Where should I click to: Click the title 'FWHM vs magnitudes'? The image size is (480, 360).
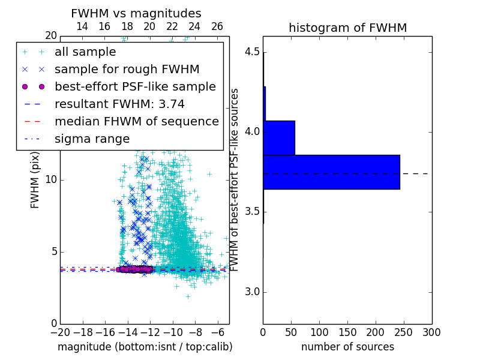pyautogui.click(x=136, y=14)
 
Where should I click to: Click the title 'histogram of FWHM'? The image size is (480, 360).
pyautogui.click(x=347, y=28)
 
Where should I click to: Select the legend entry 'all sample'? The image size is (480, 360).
pyautogui.click(x=85, y=52)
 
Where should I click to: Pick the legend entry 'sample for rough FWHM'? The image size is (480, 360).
pyautogui.click(x=127, y=70)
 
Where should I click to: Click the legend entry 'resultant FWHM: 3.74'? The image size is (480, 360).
pyautogui.click(x=119, y=104)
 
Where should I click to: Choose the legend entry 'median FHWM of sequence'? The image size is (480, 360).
pyautogui.click(x=136, y=122)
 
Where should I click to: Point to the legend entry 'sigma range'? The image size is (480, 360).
pyautogui.click(x=92, y=139)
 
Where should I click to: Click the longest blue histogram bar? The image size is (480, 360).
pyautogui.click(x=331, y=172)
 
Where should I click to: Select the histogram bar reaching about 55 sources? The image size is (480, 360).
pyautogui.click(x=279, y=137)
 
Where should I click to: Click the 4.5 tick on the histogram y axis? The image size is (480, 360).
pyautogui.click(x=252, y=52)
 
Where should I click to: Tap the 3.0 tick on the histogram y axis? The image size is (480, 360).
pyautogui.click(x=252, y=292)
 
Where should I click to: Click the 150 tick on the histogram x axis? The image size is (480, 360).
pyautogui.click(x=347, y=332)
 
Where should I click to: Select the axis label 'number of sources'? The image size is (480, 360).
pyautogui.click(x=347, y=347)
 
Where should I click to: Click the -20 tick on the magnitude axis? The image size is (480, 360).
pyautogui.click(x=60, y=332)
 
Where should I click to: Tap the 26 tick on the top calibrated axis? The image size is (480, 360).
pyautogui.click(x=217, y=26)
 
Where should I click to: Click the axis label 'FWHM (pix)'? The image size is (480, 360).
pyautogui.click(x=35, y=180)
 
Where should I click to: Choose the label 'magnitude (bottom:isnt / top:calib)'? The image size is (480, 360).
pyautogui.click(x=145, y=347)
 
